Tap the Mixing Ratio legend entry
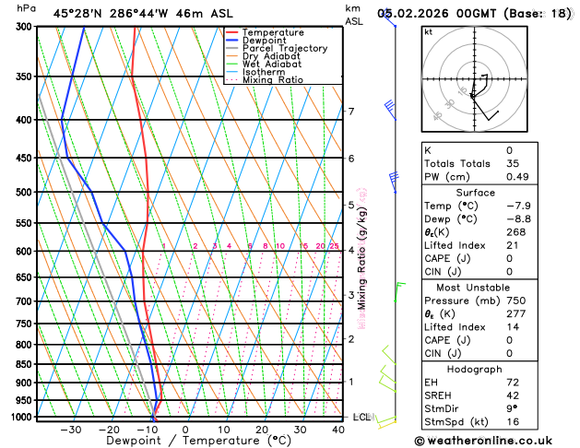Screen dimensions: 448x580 tap(273, 80)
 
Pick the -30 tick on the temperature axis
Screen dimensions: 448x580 tap(70, 430)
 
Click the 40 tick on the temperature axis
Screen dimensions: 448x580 tap(338, 430)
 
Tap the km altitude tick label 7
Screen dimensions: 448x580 tap(351, 112)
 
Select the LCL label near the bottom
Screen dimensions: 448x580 tap(361, 418)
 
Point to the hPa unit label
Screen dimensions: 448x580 tap(27, 8)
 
